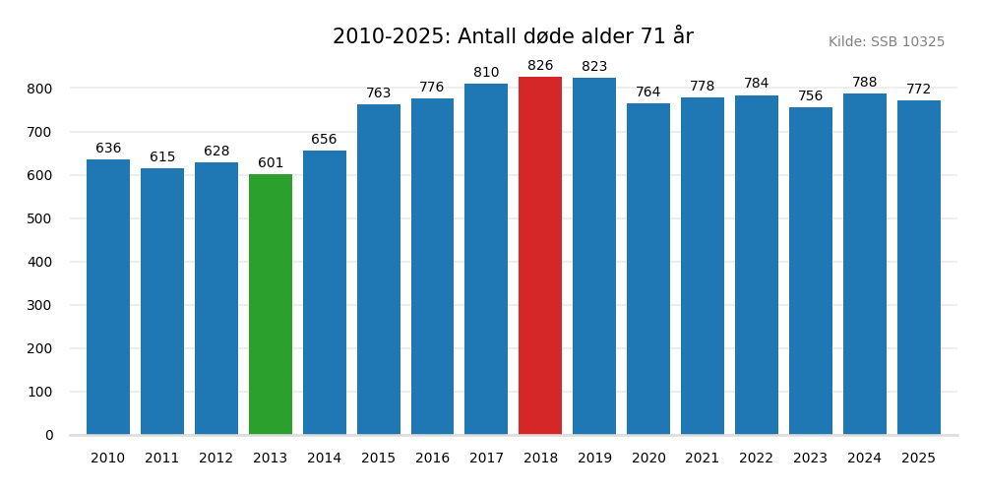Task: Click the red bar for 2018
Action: [540, 256]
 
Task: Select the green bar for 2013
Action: [271, 305]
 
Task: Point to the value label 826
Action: [540, 66]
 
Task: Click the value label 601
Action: [271, 163]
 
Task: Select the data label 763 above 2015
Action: [379, 93]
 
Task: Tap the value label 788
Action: [864, 83]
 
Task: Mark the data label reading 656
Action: [324, 140]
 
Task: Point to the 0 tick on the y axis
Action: [49, 435]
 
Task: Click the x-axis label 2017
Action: [486, 459]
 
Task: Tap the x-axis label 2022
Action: [756, 459]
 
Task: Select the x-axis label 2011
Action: [162, 459]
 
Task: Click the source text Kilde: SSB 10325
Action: [886, 42]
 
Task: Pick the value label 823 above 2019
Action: [594, 67]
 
